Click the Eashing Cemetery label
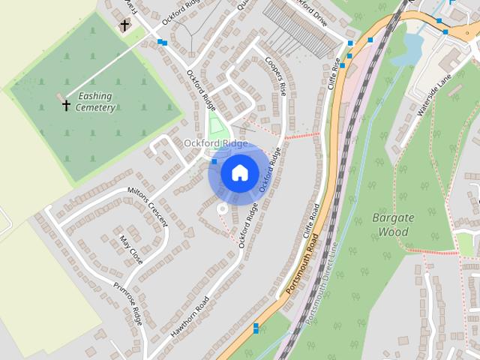(94, 102)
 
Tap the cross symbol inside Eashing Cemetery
(66, 105)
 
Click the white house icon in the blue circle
(239, 173)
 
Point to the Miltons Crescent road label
(148, 205)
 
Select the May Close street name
(130, 250)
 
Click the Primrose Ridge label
(127, 303)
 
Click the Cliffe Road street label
(310, 220)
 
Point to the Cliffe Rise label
(335, 76)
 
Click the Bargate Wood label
(392, 225)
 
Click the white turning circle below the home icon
(221, 209)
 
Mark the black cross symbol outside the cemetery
(124, 25)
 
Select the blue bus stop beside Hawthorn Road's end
(256, 328)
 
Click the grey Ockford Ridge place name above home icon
(216, 143)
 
